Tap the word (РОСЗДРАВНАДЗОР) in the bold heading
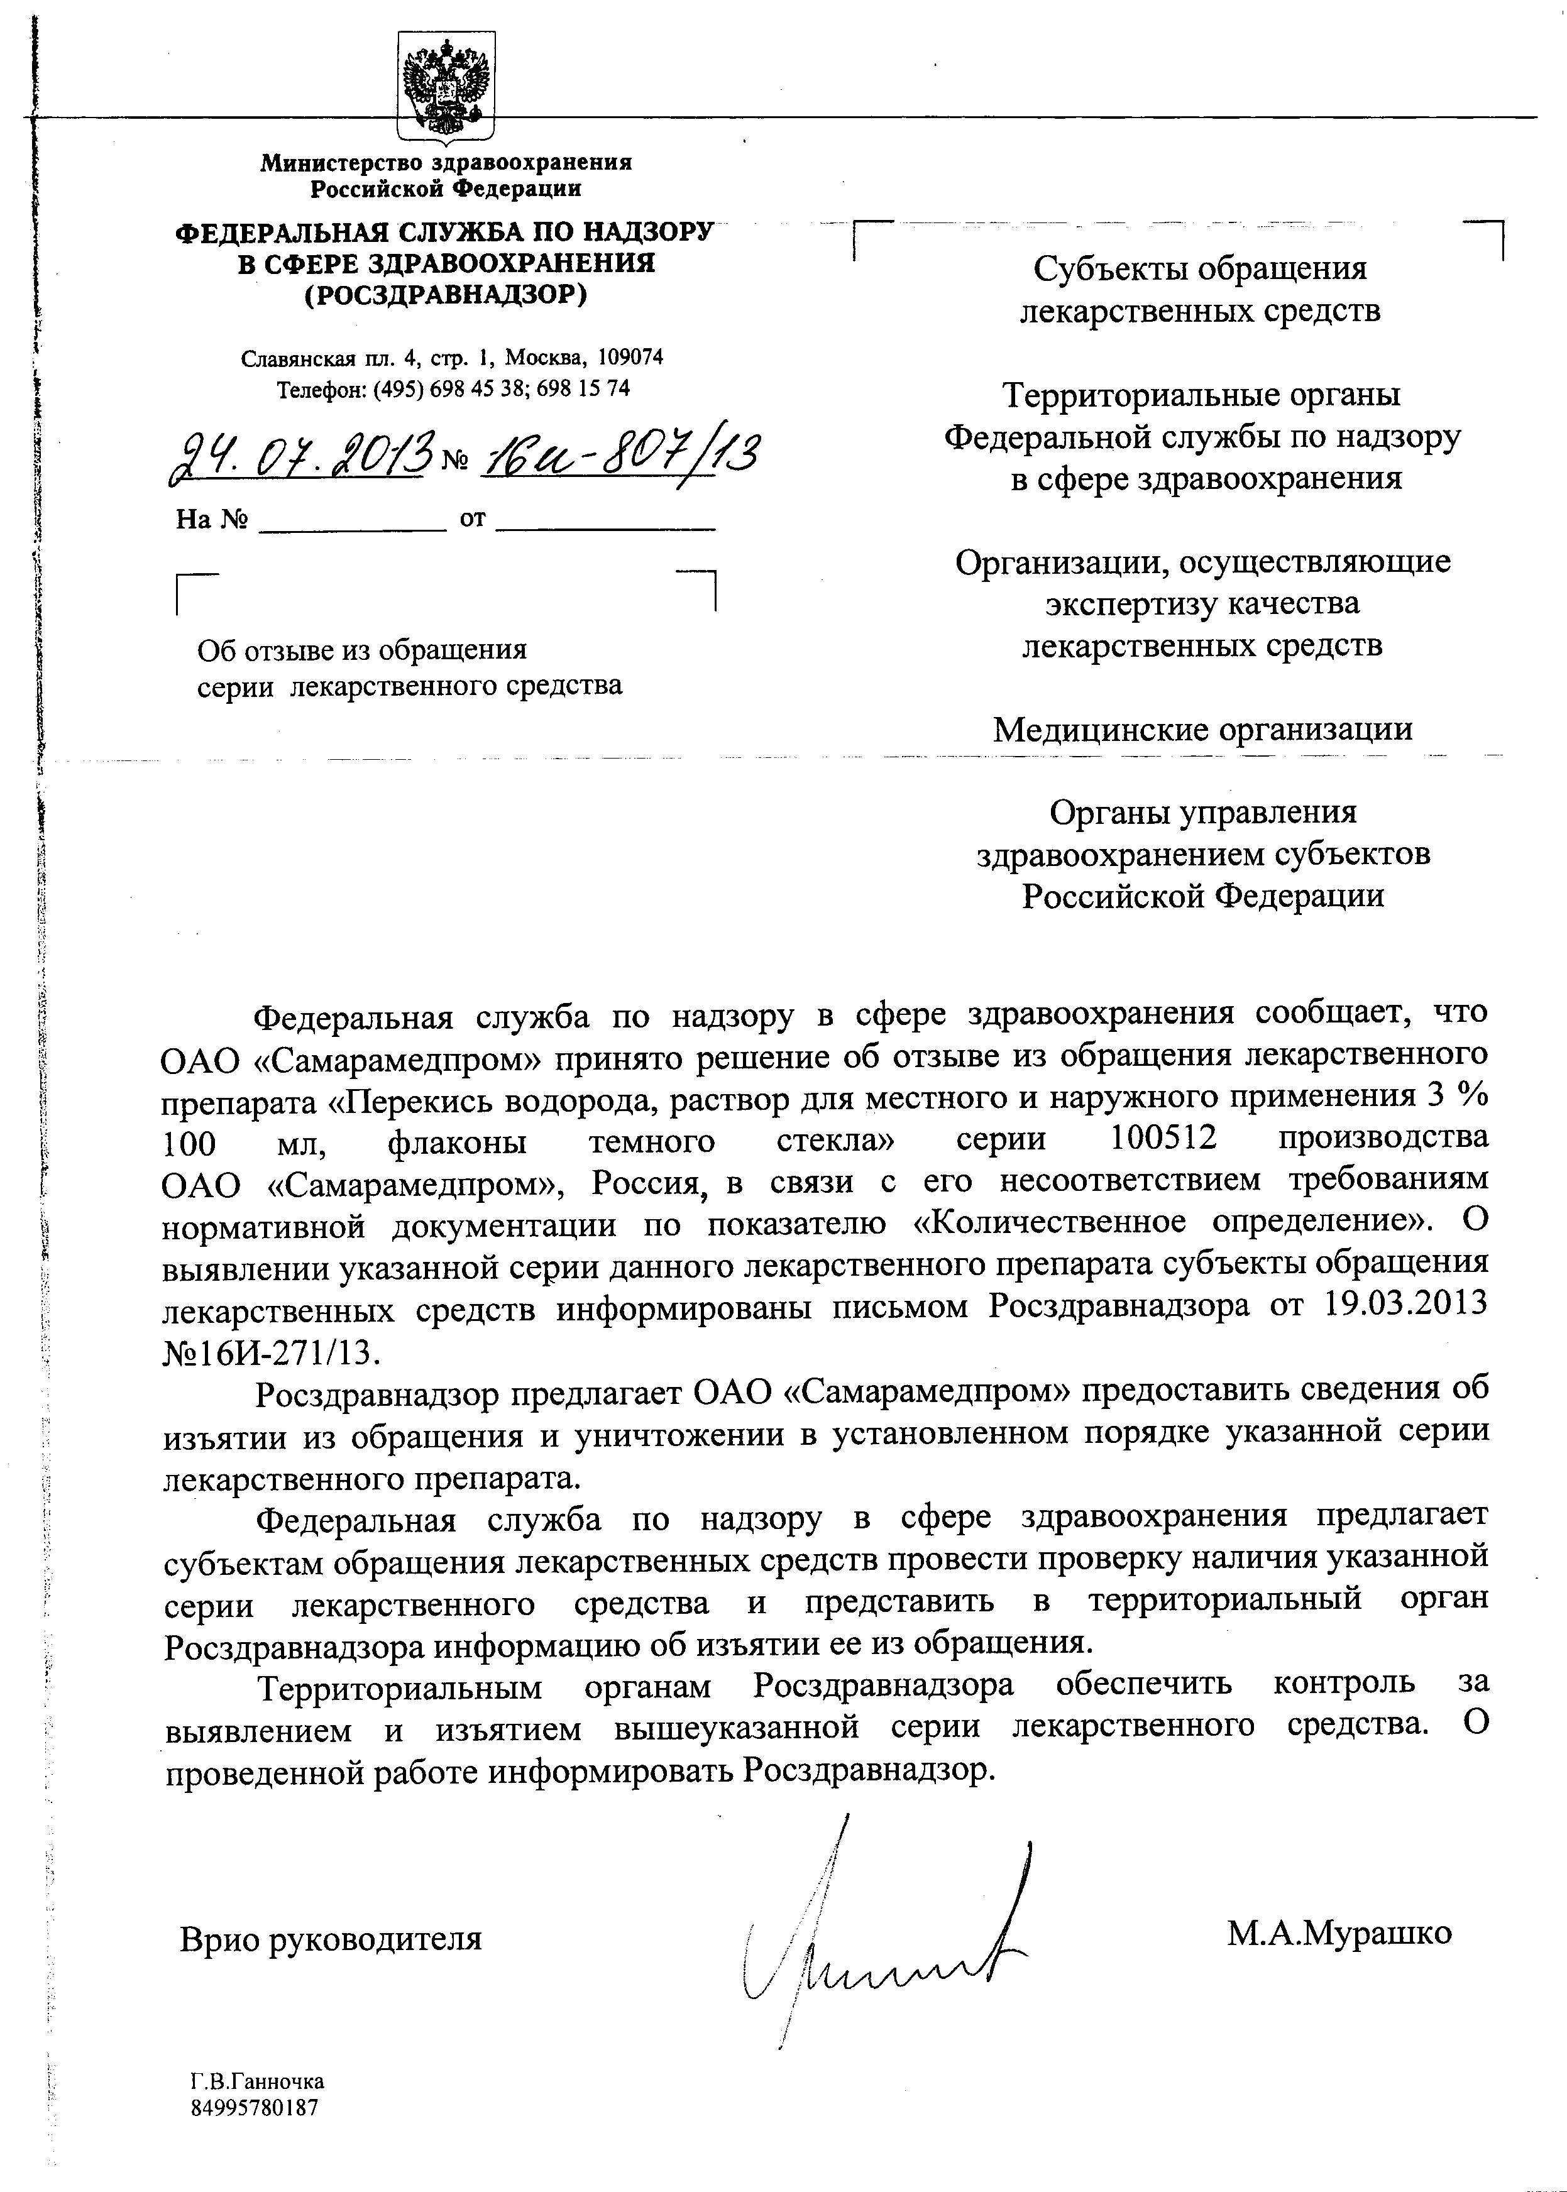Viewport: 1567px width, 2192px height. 445,293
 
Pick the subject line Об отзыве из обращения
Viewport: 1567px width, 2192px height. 362,649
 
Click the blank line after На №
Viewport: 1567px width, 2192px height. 353,521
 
